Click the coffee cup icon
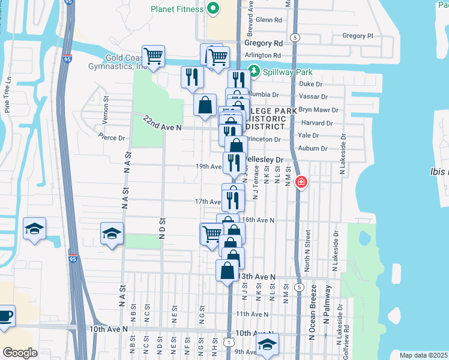[x=5, y=316]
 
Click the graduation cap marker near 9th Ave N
[x=267, y=344]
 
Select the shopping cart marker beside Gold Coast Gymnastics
[x=154, y=56]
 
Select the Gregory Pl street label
[x=357, y=36]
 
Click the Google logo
[x=20, y=353]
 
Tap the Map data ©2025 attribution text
[x=423, y=355]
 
